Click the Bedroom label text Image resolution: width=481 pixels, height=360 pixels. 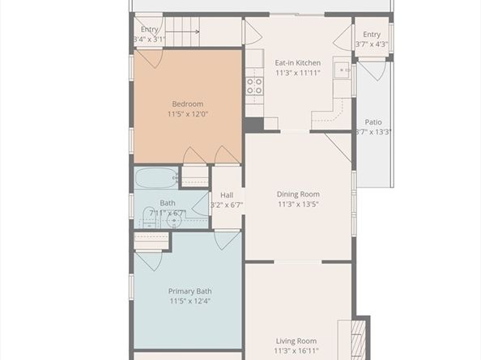coord(187,104)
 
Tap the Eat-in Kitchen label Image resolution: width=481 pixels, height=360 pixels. coord(297,62)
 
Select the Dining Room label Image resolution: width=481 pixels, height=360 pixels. coord(298,194)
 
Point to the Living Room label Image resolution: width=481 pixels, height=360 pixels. coord(297,341)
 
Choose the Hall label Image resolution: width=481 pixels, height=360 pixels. coord(227,195)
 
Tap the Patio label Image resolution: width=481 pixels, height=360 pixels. coord(372,122)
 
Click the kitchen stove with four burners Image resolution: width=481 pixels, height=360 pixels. coord(254,86)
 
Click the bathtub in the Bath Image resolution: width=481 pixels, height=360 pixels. coord(156,178)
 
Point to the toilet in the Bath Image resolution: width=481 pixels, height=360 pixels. coord(151,217)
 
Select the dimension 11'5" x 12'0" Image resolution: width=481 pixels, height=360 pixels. coord(187,114)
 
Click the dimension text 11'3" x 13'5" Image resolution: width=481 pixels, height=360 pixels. coord(298,205)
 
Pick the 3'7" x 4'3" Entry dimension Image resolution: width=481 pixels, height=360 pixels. coord(372,44)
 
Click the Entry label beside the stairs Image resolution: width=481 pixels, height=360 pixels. coord(149,29)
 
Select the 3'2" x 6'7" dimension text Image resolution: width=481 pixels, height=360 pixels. coord(227,205)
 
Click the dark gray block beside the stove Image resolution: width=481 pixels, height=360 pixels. coord(253,125)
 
